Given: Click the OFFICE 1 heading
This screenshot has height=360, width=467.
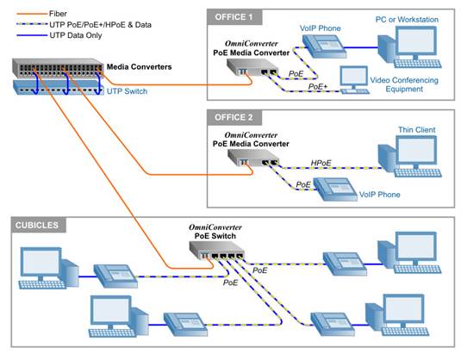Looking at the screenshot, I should pyautogui.click(x=240, y=17).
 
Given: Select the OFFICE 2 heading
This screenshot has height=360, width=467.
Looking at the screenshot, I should pyautogui.click(x=240, y=119).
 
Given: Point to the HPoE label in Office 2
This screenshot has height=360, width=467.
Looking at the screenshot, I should pyautogui.click(x=321, y=163).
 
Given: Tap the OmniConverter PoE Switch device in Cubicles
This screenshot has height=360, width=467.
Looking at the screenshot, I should pyautogui.click(x=218, y=251).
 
